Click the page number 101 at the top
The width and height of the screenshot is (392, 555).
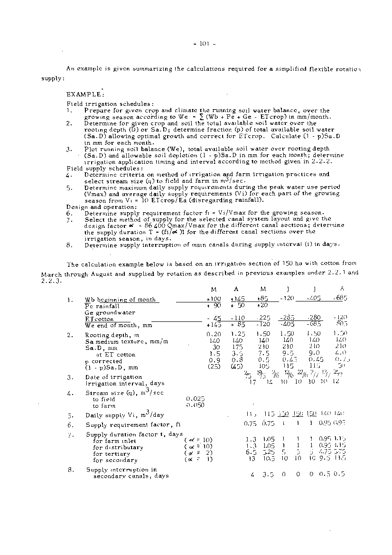point(205,45)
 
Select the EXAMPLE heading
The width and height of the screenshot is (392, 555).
point(85,94)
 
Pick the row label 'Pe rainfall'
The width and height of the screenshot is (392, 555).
point(102,306)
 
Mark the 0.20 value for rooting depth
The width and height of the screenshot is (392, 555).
point(215,335)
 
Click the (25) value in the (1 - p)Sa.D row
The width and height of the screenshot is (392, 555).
point(214,367)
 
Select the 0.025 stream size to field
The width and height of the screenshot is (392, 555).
point(196,399)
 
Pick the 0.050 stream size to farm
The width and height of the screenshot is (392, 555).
point(196,406)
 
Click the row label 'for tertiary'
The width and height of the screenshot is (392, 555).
point(112,454)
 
